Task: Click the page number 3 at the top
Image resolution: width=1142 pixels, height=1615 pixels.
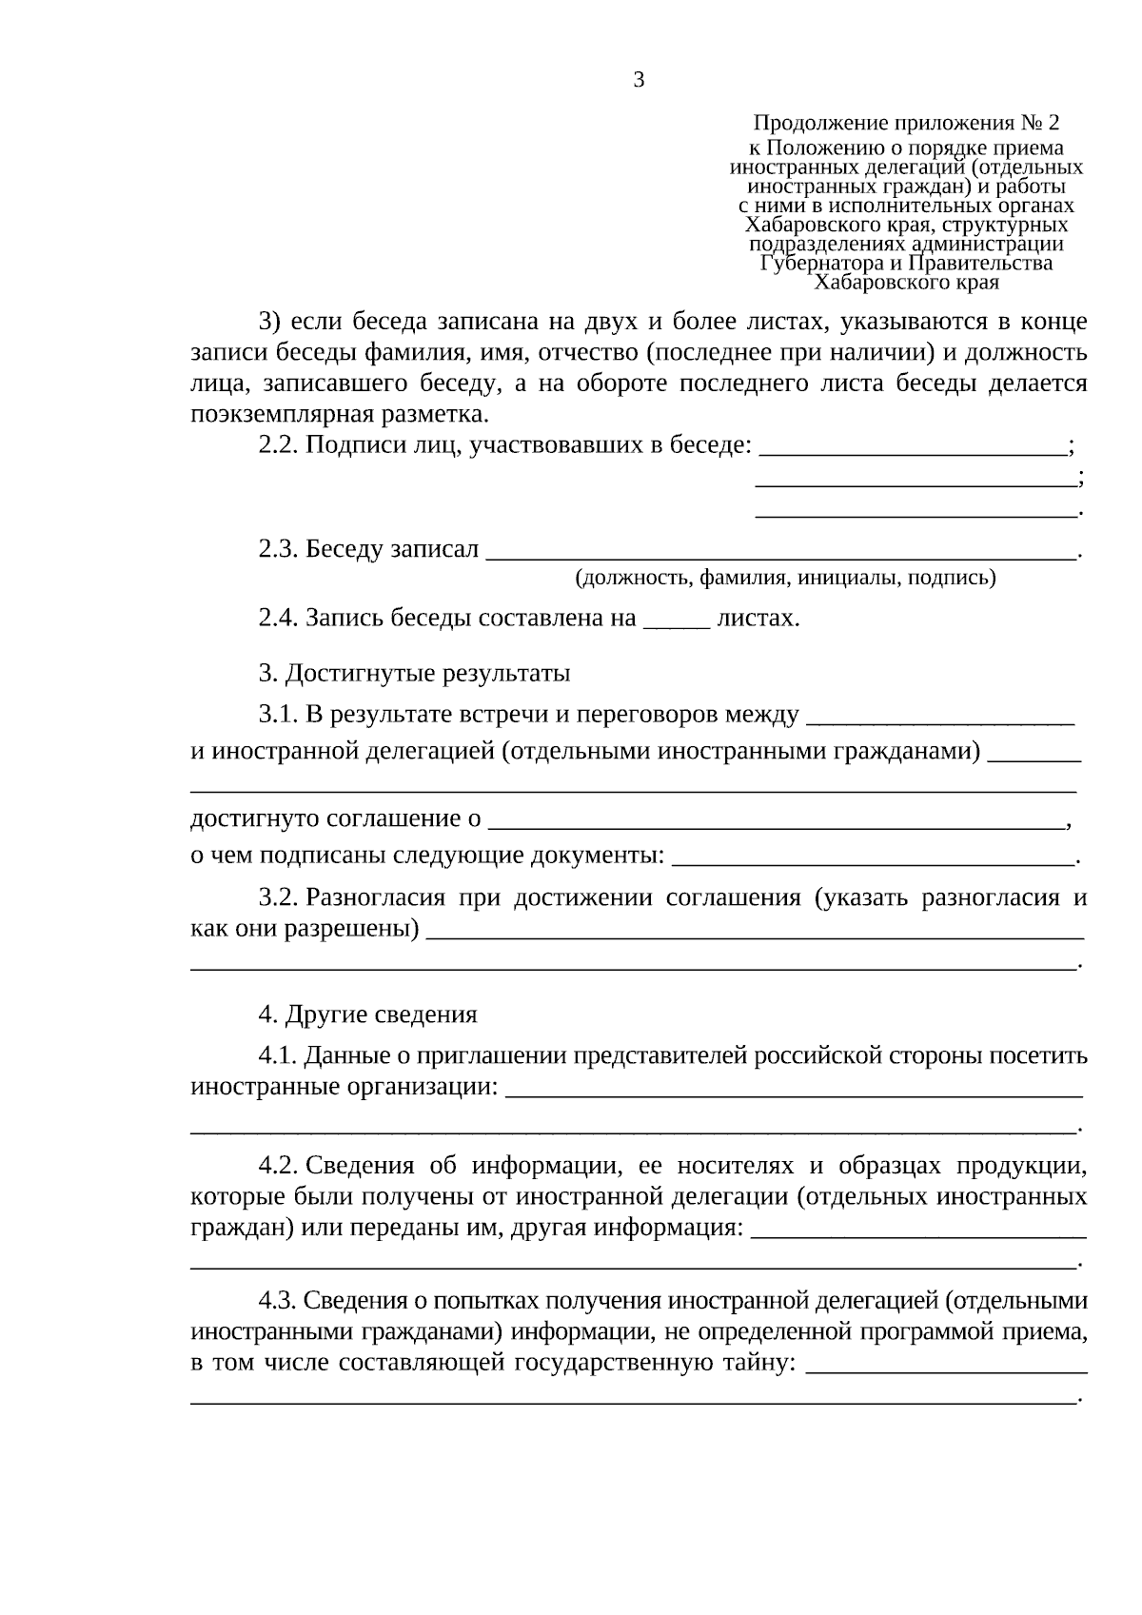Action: (639, 80)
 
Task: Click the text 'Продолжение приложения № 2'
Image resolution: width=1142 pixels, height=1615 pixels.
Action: (905, 123)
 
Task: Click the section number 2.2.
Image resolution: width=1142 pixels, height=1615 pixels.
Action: (279, 444)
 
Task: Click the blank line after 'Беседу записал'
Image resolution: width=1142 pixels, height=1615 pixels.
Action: (780, 552)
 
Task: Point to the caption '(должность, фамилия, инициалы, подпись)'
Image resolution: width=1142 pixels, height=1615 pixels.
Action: (785, 578)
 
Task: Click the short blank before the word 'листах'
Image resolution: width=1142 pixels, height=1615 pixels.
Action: (677, 621)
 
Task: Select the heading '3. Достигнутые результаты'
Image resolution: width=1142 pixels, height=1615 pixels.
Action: (414, 674)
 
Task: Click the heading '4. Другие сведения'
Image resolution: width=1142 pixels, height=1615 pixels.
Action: (367, 1014)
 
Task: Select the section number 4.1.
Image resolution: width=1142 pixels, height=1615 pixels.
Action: (279, 1056)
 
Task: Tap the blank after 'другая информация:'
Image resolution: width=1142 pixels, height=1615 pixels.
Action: (917, 1231)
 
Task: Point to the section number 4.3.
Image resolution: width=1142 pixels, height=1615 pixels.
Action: (279, 1301)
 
